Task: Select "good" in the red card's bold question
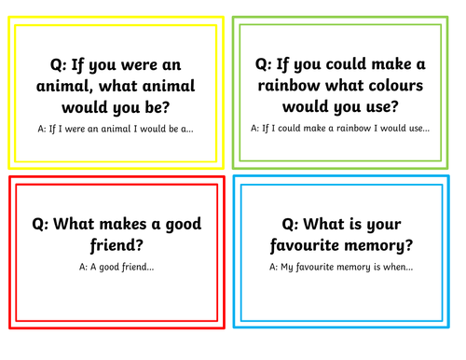179,224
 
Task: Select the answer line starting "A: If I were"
116,129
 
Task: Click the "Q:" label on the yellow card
62,64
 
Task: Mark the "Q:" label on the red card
43,224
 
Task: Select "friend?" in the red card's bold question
116,246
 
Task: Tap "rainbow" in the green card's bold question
294,85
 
